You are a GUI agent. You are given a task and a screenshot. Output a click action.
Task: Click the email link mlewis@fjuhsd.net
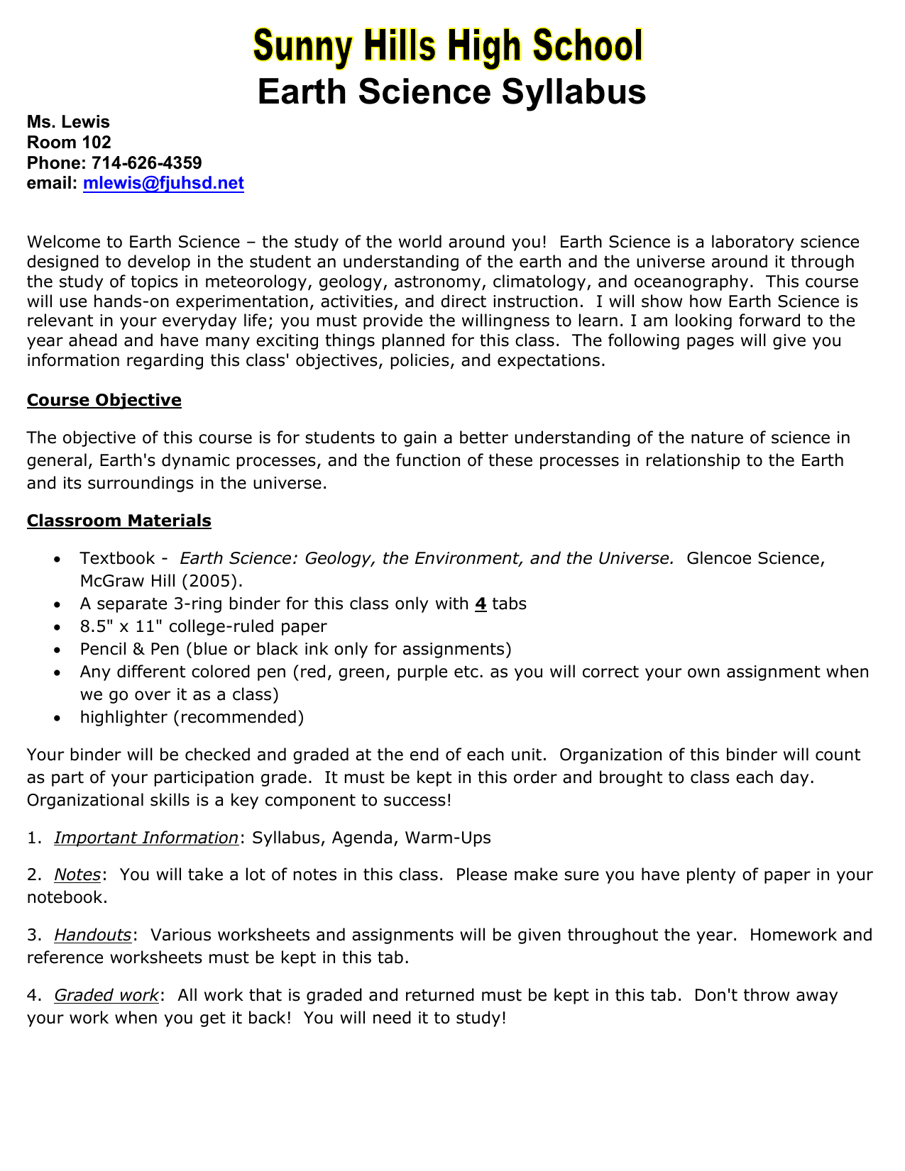[163, 184]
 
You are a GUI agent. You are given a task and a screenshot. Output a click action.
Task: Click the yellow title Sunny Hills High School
[449, 48]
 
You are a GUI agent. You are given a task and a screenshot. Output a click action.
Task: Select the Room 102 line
[69, 143]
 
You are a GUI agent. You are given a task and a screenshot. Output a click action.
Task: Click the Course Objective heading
[104, 400]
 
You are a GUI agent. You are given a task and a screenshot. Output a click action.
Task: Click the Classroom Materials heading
[119, 521]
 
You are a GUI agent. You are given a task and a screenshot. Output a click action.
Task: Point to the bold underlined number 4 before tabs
[481, 604]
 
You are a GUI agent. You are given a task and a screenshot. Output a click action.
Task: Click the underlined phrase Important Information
[146, 838]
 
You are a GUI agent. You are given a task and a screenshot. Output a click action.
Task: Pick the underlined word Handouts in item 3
[93, 935]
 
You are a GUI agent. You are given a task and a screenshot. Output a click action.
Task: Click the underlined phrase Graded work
[106, 995]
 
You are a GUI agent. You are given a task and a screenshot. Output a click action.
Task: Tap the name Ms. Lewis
[68, 122]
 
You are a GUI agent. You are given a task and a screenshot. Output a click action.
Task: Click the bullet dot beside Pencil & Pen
[57, 650]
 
